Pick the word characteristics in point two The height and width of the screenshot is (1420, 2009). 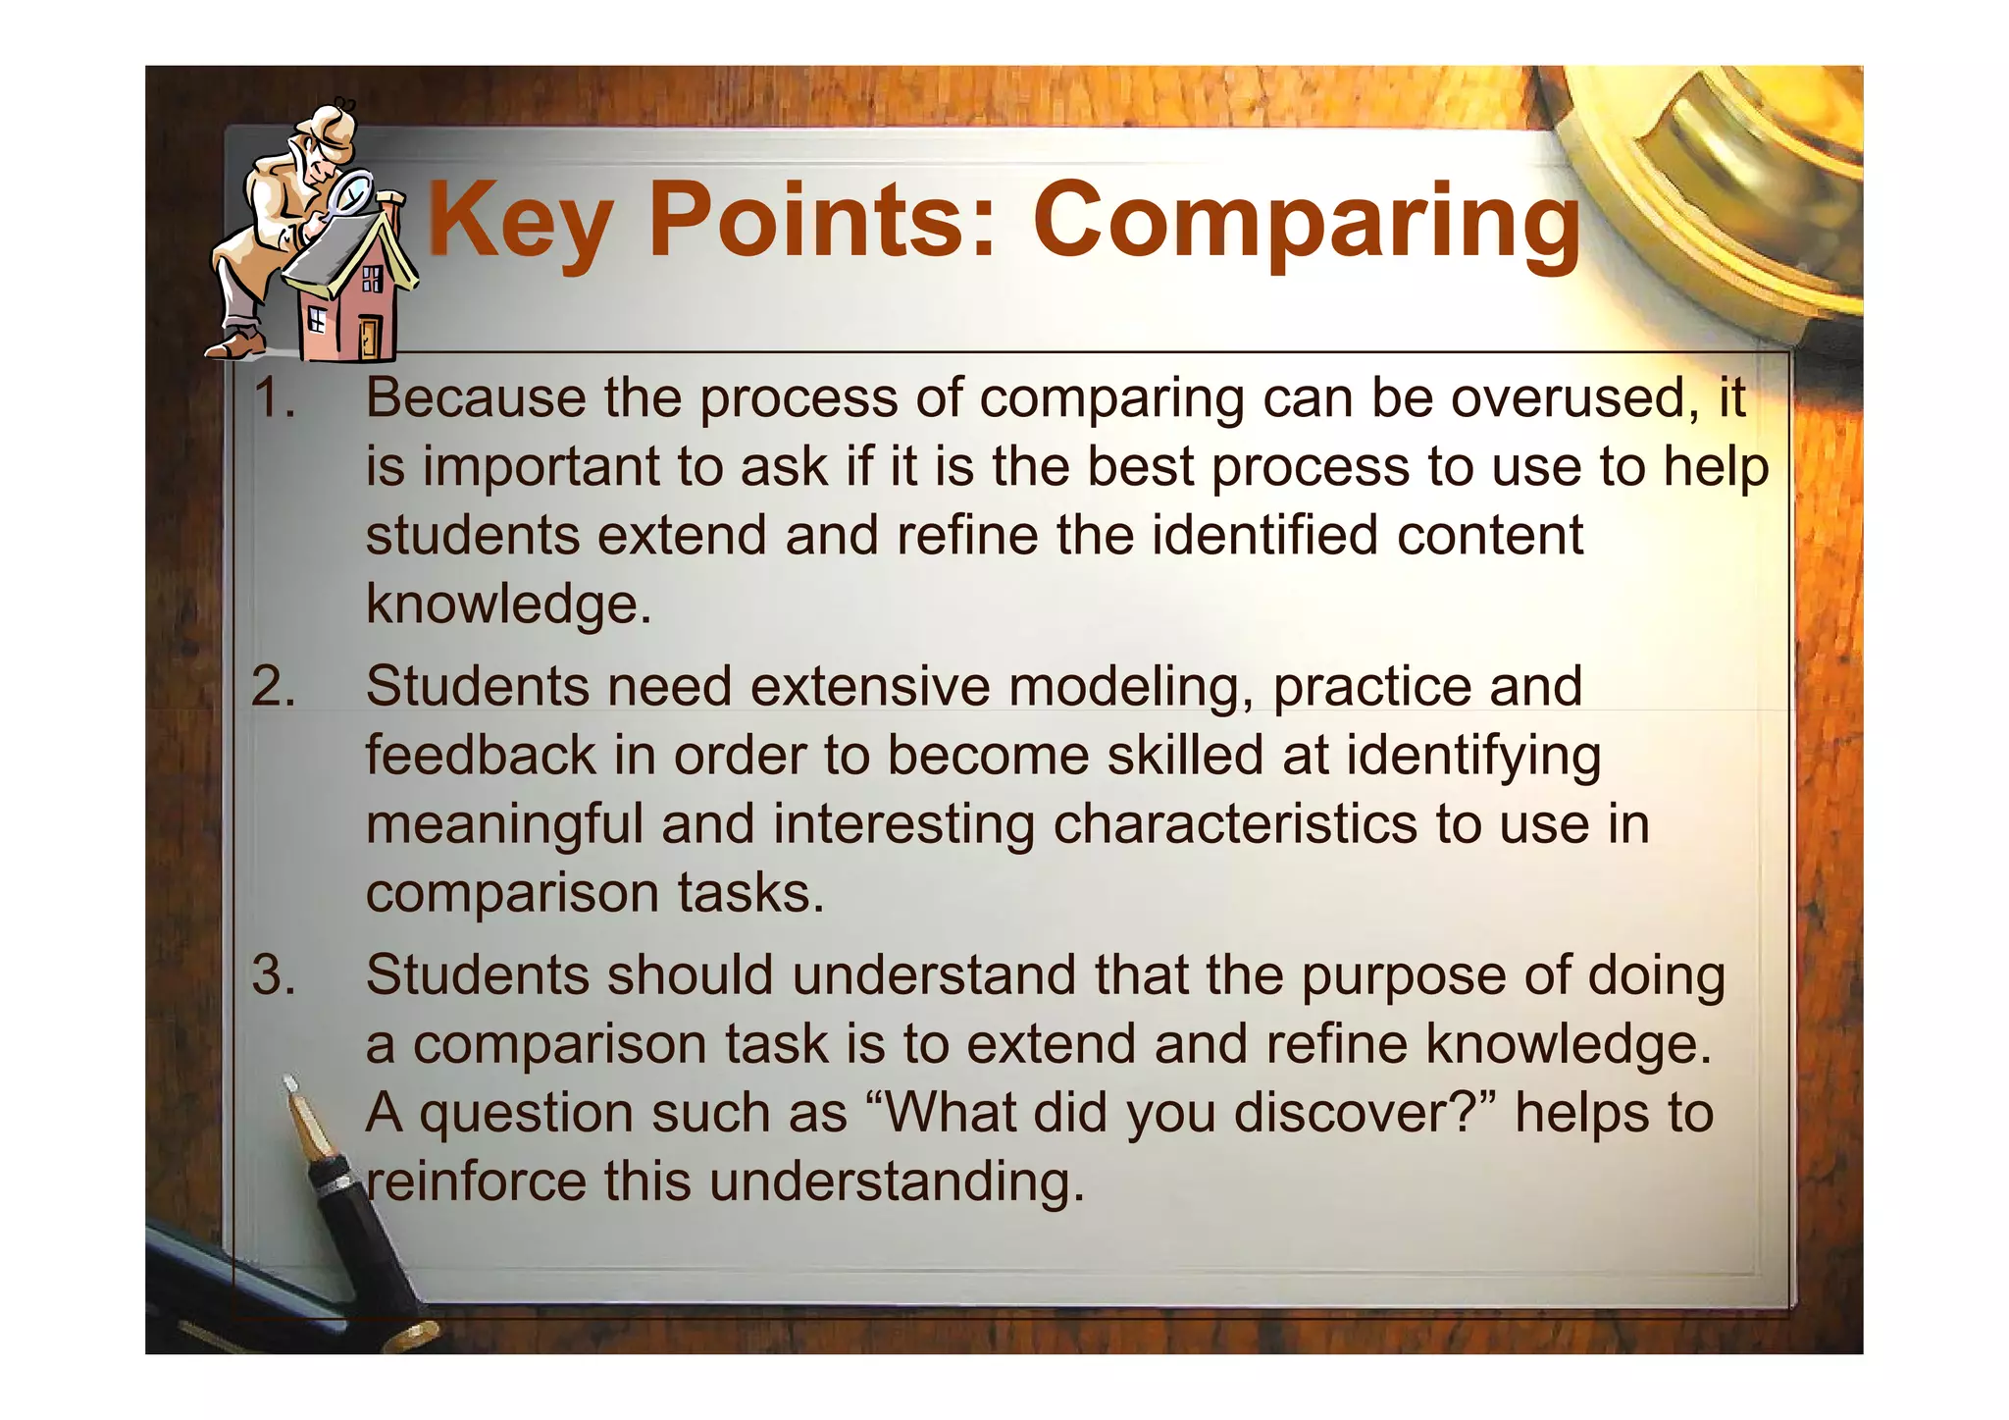[x=1235, y=824]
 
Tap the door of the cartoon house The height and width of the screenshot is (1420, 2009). [x=369, y=337]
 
